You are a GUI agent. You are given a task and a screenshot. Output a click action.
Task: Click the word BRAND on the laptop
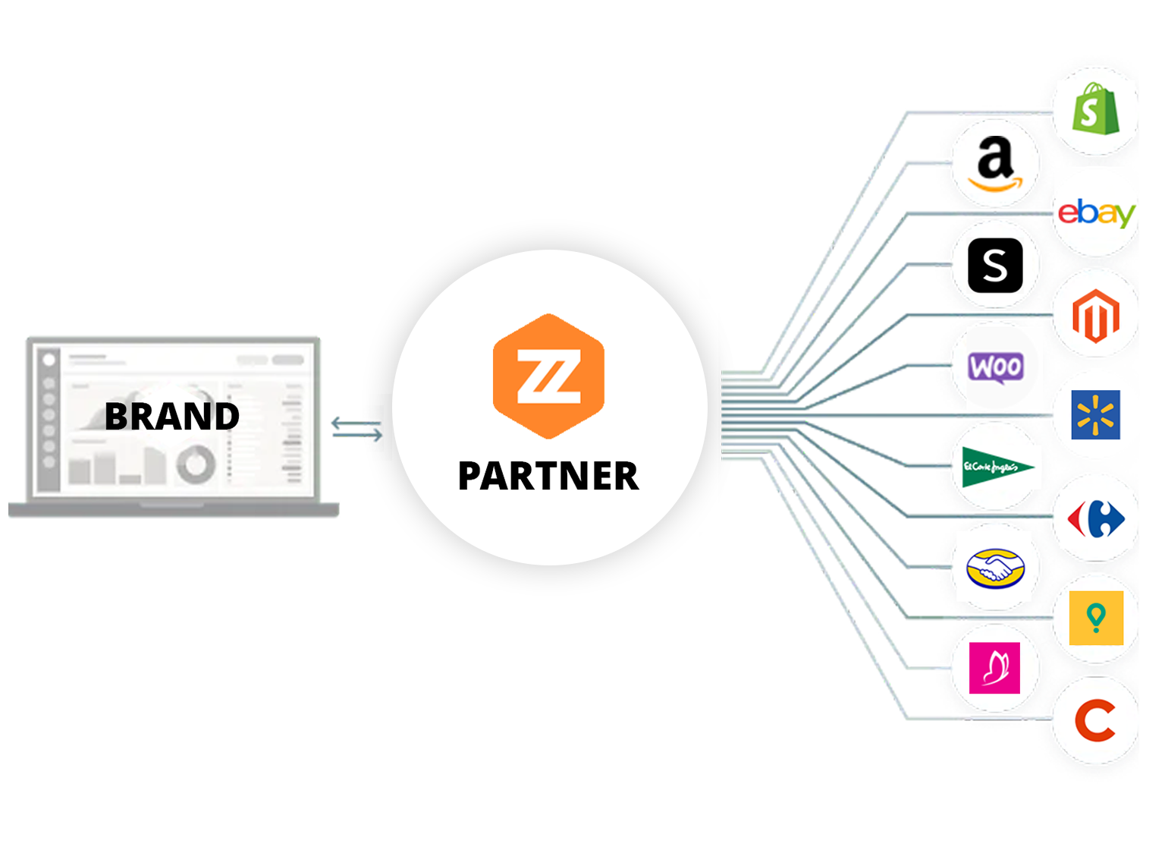tap(172, 416)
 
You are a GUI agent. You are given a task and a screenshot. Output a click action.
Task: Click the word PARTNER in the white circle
tap(548, 476)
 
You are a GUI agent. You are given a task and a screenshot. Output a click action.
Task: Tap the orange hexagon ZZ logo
tap(548, 376)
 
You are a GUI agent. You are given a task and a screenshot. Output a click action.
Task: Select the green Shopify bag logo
tap(1095, 109)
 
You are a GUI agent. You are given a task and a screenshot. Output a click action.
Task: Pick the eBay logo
tap(1096, 212)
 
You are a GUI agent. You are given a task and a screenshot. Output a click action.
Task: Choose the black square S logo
tap(995, 266)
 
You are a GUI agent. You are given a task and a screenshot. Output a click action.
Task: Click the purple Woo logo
tap(995, 367)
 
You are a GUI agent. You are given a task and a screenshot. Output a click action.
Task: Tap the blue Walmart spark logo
tap(1096, 415)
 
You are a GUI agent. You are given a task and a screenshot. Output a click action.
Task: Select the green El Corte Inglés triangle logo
tap(995, 467)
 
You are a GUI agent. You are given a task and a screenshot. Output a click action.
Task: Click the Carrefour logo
tap(1096, 519)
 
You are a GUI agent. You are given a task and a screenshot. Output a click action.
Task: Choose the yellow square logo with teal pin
tap(1096, 618)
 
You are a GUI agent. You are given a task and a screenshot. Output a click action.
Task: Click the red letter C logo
tap(1096, 720)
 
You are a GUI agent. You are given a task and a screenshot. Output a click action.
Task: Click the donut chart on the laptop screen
tap(196, 464)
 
